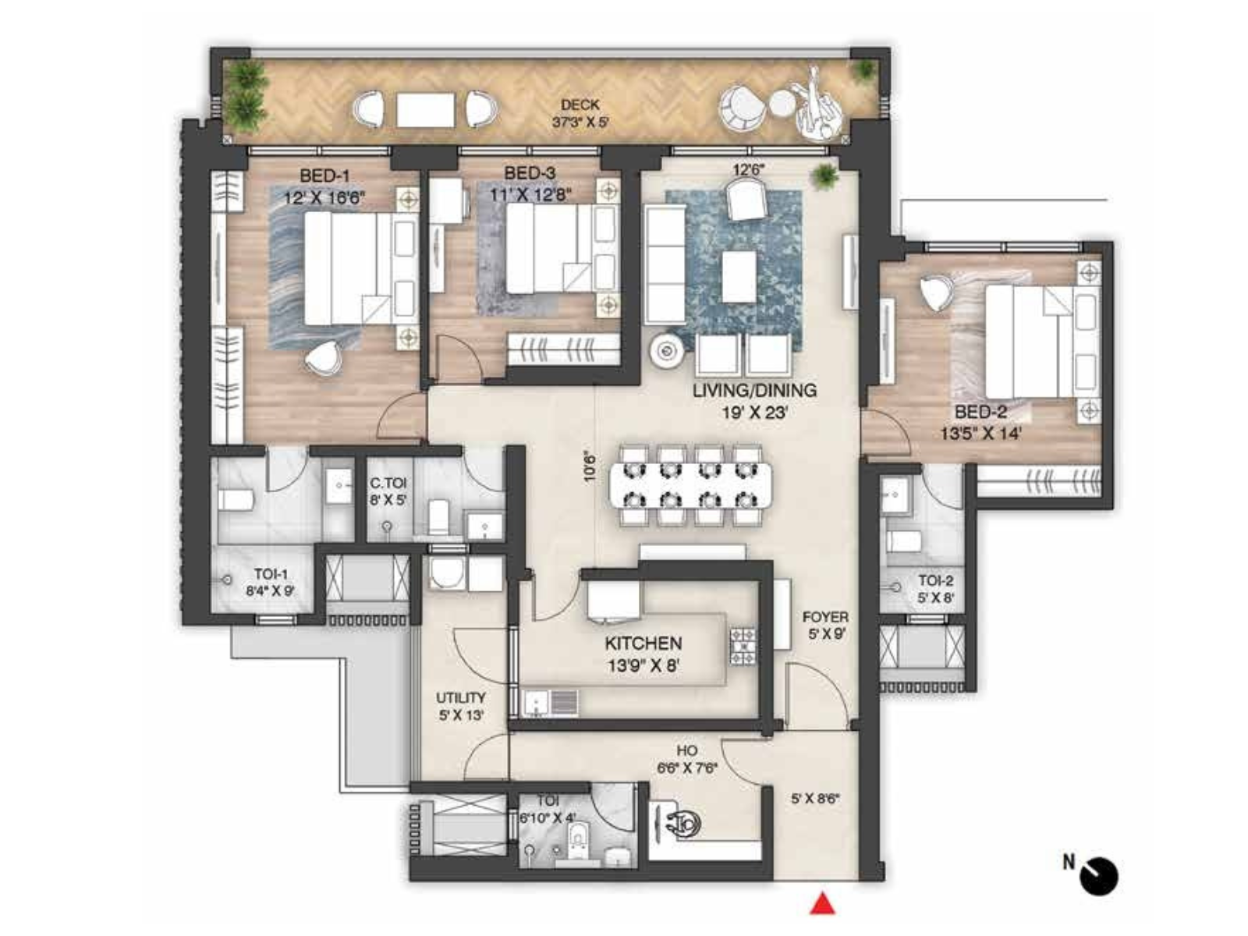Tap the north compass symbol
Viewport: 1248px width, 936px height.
pos(1098,875)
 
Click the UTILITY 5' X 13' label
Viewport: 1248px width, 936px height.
pos(460,706)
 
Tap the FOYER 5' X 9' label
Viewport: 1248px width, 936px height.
pos(825,626)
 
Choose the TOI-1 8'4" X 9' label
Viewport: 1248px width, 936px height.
pos(270,583)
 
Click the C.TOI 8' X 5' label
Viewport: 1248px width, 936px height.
pos(388,492)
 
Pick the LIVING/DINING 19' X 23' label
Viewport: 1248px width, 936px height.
pos(754,400)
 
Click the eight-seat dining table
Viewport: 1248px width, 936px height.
pos(690,484)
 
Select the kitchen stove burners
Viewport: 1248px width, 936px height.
pos(742,647)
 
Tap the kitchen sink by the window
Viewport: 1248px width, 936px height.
pos(551,701)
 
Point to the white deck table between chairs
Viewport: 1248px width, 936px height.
pos(425,109)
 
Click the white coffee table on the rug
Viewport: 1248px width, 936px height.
pos(738,276)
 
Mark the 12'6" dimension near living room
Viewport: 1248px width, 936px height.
pos(749,168)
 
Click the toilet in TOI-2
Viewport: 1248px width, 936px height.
pos(905,540)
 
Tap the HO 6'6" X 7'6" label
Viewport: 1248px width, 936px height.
pos(687,759)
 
